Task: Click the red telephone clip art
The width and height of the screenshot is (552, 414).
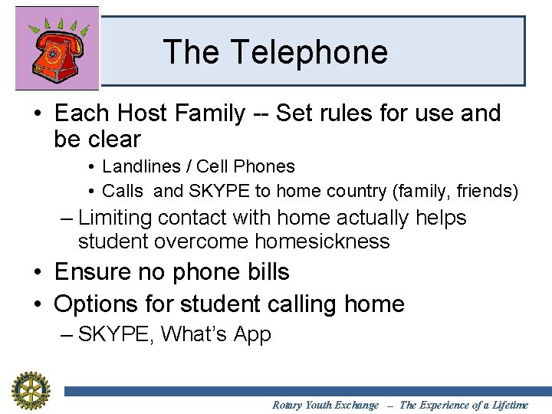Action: tap(57, 50)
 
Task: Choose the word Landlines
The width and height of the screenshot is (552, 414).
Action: tap(138, 166)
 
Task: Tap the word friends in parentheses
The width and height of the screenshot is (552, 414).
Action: tap(487, 190)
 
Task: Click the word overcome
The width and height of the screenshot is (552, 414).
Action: tap(202, 242)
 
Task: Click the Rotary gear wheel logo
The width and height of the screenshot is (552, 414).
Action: tap(30, 389)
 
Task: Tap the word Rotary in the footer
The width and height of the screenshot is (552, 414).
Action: tap(287, 405)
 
